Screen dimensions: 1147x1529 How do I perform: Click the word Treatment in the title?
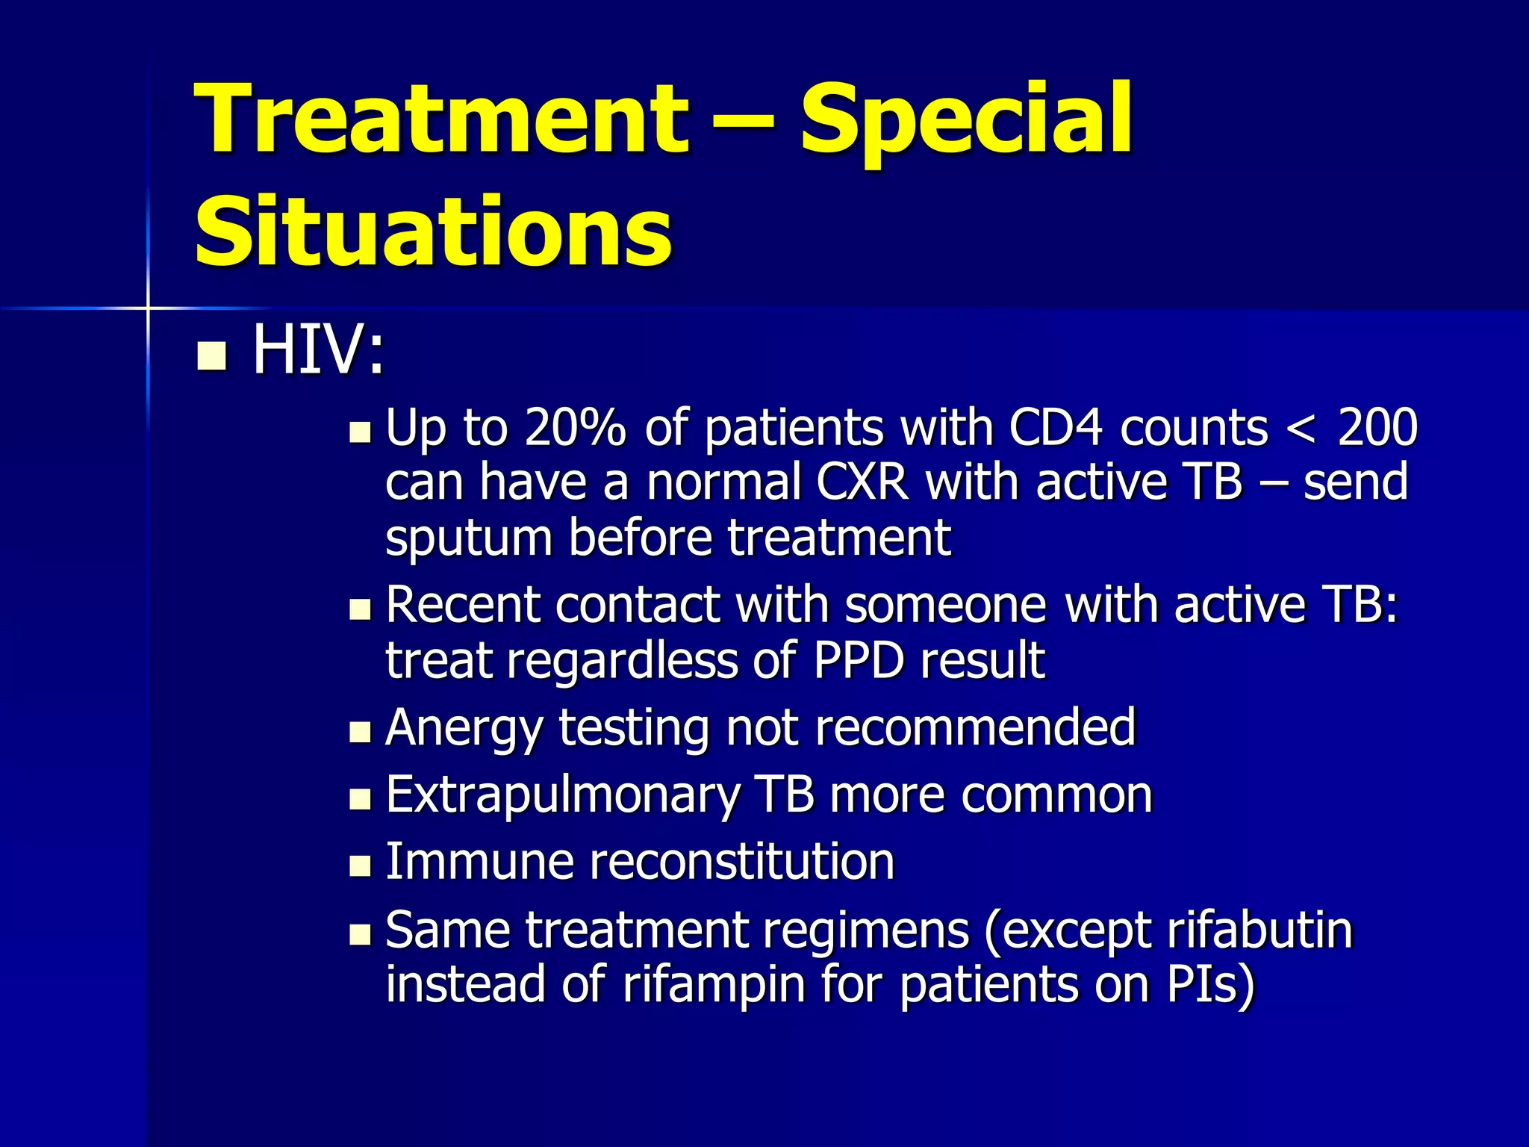440,119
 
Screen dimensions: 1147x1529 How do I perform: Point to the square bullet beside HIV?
211,356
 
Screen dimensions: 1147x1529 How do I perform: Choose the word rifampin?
714,983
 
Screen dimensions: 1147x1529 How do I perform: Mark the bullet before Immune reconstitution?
360,866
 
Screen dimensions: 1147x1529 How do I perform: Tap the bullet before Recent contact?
360,609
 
